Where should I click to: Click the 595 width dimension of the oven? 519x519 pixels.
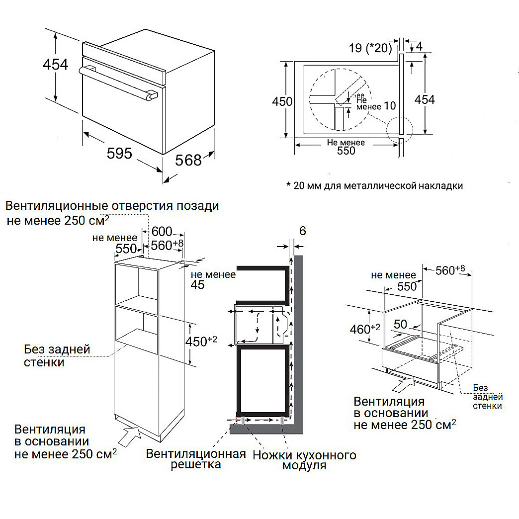coord(120,154)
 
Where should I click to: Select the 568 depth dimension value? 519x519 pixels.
coord(189,160)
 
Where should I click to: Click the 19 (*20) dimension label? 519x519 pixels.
coord(370,48)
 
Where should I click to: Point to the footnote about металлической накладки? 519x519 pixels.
coord(374,186)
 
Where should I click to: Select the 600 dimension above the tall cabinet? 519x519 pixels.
coord(162,231)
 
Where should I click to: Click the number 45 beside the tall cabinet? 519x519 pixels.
coord(198,285)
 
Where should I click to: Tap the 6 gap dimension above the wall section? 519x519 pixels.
coord(303,231)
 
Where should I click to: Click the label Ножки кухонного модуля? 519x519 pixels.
coord(304,460)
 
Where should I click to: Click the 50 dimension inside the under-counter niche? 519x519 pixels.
coord(400,325)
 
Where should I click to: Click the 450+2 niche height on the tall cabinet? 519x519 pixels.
coord(204,341)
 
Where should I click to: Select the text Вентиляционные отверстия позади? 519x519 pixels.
coord(112,206)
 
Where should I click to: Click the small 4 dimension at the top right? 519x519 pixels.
coord(419,46)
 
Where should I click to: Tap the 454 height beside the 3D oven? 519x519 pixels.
coord(55,64)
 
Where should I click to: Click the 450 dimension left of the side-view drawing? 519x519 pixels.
coord(282,101)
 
